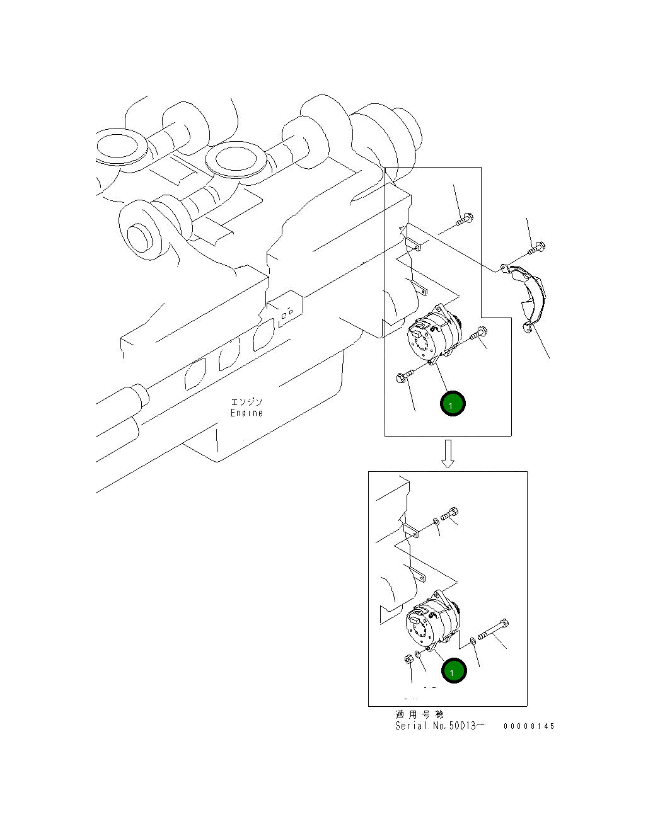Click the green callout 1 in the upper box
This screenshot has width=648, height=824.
pos(453,403)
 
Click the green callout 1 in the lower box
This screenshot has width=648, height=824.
pos(454,671)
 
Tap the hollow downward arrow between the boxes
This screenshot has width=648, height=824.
pos(448,454)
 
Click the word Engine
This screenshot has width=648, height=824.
pos(246,413)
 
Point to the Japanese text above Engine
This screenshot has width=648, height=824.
pos(246,401)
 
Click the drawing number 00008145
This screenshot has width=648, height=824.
pos(529,726)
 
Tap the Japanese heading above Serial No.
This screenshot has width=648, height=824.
pos(419,715)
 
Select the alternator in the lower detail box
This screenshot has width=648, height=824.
pos(433,617)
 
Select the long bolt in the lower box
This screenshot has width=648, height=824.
pos(493,629)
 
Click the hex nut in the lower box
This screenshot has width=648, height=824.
pos(408,659)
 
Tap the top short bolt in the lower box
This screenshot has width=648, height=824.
pos(450,514)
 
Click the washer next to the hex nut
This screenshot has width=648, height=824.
pos(417,654)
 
